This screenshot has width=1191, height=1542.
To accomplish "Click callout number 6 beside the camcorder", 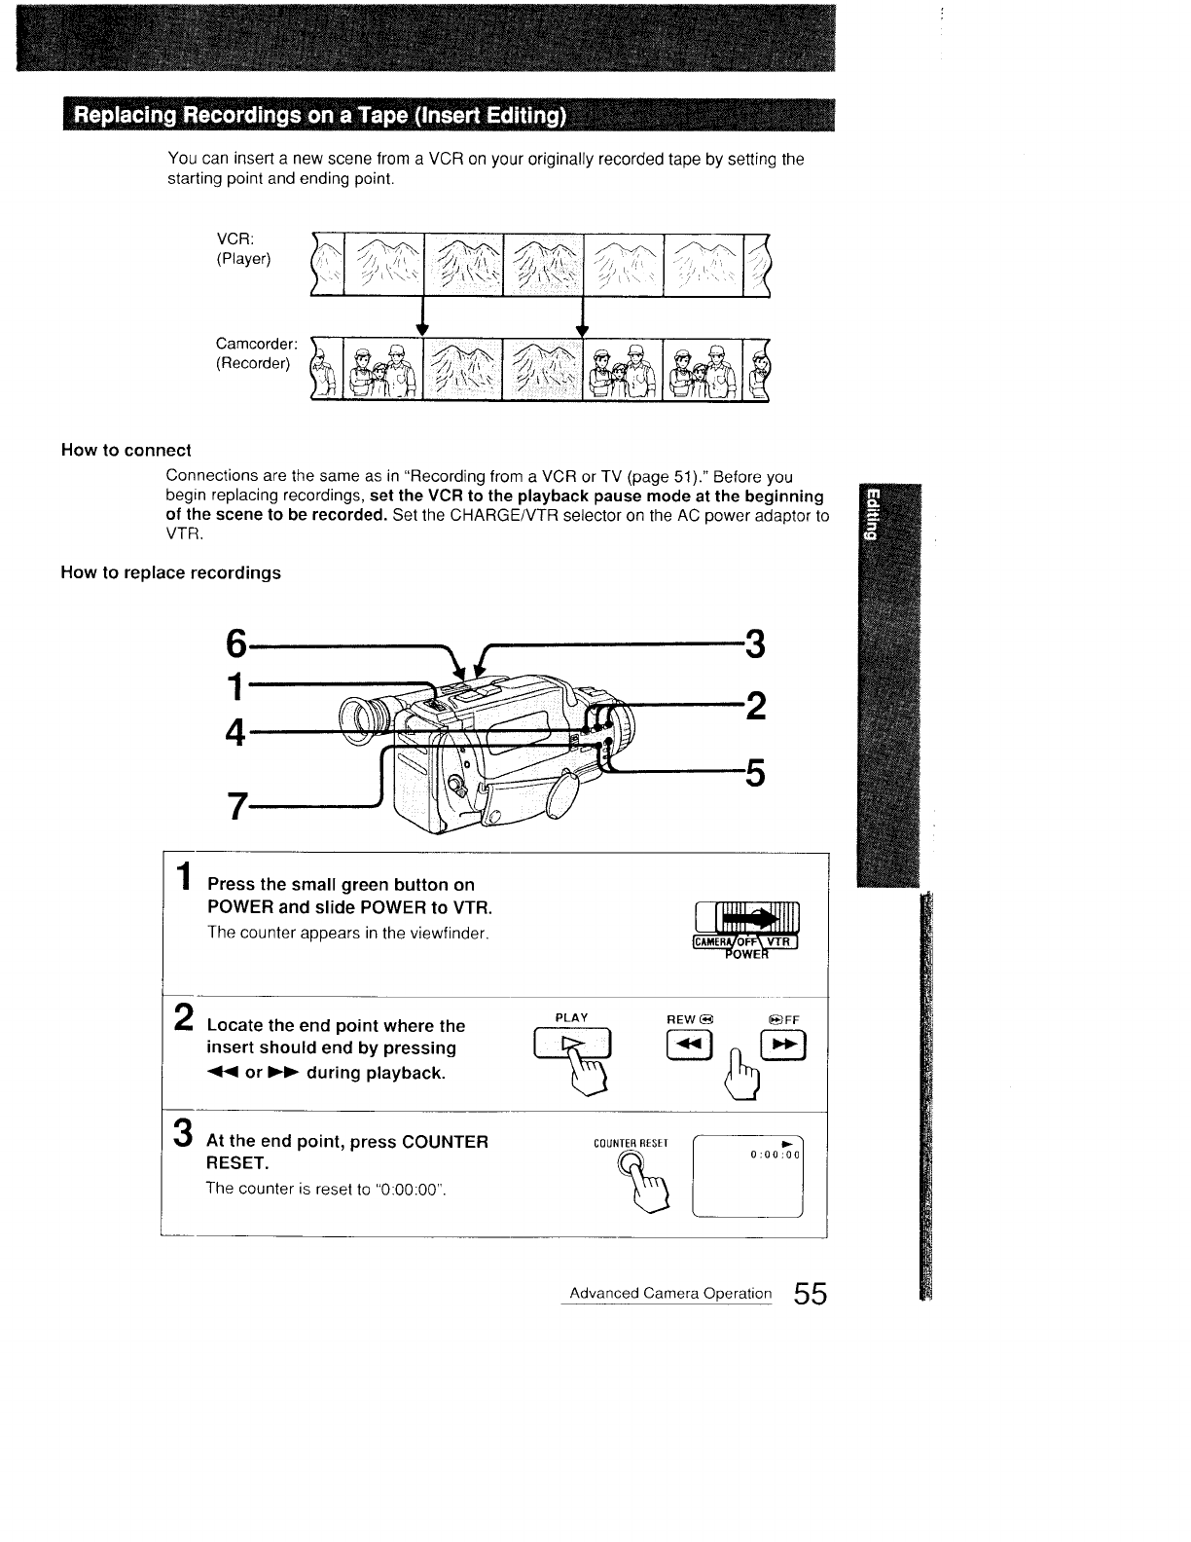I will [236, 643].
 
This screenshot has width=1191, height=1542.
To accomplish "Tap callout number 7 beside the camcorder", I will [236, 806].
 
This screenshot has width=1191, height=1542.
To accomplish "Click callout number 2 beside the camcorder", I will [754, 705].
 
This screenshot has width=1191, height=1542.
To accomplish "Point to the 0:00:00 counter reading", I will [774, 1155].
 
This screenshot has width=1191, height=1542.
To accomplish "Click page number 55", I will [809, 1294].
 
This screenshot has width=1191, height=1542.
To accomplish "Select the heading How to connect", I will [126, 450].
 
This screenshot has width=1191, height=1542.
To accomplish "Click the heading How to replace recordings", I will [170, 572].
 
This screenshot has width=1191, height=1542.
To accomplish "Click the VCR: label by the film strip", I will [235, 239].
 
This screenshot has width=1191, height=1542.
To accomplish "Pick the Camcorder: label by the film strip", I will [256, 344].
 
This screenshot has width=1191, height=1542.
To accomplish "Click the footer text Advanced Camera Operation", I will [670, 1294].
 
